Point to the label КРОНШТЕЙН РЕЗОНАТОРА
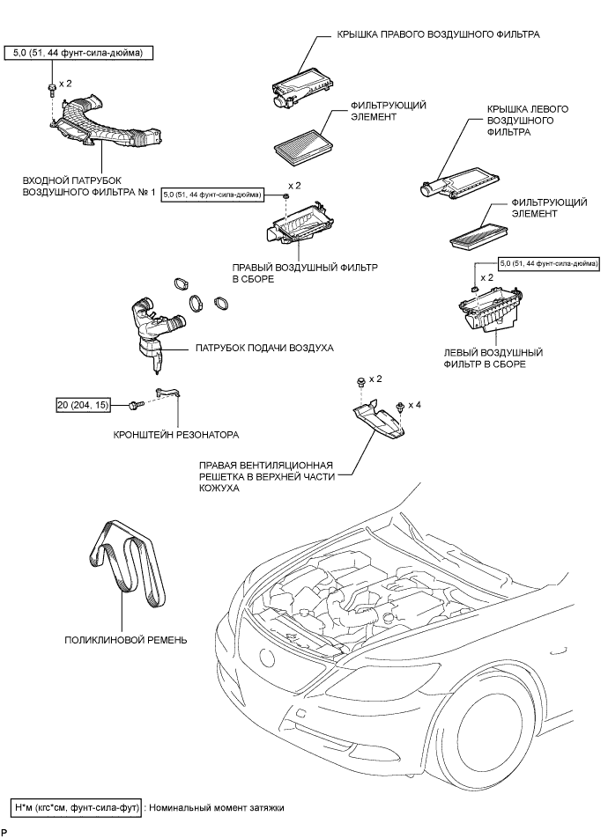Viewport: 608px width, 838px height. tap(176, 435)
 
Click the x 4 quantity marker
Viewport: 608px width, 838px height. tap(415, 405)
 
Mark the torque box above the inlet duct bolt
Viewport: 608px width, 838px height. tap(79, 54)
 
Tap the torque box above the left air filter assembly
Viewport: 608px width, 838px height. tap(548, 263)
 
